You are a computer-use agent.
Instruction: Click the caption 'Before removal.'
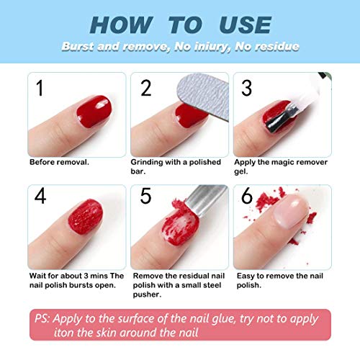point(59,162)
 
